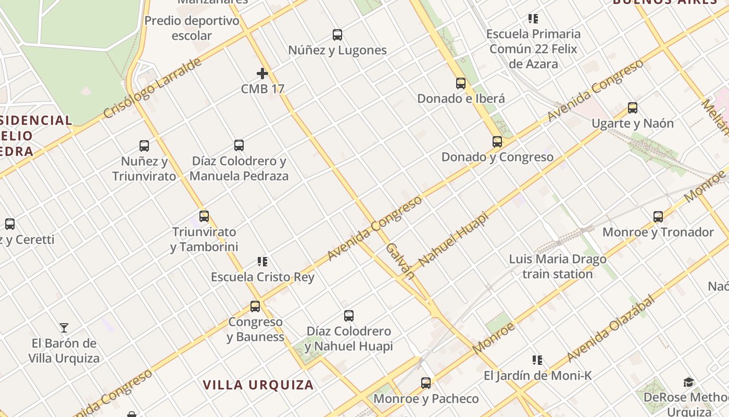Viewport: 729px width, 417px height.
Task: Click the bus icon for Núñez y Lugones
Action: coord(337,35)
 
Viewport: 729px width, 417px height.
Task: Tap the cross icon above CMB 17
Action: coord(262,73)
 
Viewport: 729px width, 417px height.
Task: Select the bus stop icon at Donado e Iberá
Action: coord(461,83)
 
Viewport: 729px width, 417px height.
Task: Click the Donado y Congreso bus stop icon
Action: coord(497,142)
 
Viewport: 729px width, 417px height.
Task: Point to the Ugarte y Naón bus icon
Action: coord(633,108)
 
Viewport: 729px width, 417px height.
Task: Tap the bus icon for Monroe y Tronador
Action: coord(658,217)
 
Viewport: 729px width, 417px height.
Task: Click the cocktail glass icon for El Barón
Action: coord(64,328)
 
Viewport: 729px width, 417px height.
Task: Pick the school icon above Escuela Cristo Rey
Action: coord(262,261)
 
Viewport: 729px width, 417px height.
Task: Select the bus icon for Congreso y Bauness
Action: coord(255,306)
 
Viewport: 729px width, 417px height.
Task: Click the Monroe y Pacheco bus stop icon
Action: coord(426,383)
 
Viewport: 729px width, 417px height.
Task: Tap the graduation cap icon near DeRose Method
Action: coord(689,382)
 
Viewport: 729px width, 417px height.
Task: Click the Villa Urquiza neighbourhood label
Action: coord(258,385)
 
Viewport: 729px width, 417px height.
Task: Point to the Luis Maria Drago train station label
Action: coord(558,266)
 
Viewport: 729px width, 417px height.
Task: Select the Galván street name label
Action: coord(401,261)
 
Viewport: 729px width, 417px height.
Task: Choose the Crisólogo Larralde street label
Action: coord(152,88)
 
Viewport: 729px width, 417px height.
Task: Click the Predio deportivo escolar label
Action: coord(192,28)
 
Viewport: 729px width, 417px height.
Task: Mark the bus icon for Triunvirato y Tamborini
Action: coord(204,216)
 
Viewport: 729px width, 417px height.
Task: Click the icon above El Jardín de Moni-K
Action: coord(537,360)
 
